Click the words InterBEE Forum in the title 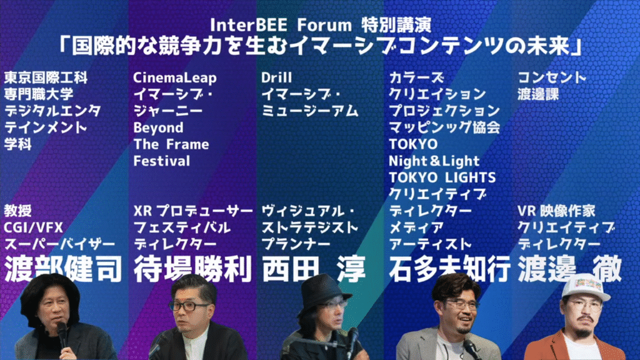(281, 25)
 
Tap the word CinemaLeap (175, 77)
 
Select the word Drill (276, 77)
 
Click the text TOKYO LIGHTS (442, 177)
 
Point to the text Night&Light (434, 161)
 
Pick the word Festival (162, 161)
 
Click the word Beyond (158, 127)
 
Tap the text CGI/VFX (34, 227)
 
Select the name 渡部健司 (63, 269)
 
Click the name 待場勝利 (192, 269)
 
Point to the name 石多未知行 (449, 269)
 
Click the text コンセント (551, 77)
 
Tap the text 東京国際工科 (46, 77)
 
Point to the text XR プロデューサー (193, 211)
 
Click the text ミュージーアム (310, 111)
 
